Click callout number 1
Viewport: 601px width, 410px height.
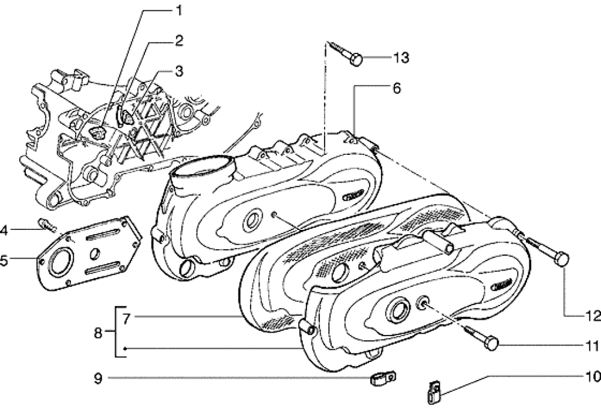coord(179,11)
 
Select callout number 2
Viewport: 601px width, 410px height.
coord(179,41)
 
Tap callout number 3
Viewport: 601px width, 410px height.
coord(179,71)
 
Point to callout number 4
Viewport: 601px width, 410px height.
coord(4,229)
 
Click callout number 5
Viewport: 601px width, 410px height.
coord(4,260)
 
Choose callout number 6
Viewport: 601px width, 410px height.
coord(396,88)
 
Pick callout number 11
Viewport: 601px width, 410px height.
coord(592,346)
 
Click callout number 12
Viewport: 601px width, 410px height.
coord(592,315)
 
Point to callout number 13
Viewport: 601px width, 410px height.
coord(401,58)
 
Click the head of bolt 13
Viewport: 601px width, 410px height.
coord(356,59)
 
